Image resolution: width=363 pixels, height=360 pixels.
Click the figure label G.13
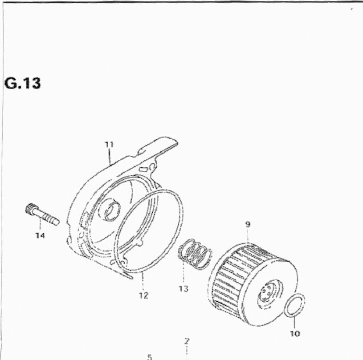[x=22, y=83]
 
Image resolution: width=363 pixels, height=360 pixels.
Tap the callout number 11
[x=109, y=145]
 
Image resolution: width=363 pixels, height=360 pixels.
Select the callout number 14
[x=40, y=236]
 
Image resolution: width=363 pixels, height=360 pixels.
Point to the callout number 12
[x=143, y=295]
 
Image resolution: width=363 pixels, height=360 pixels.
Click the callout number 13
[x=184, y=289]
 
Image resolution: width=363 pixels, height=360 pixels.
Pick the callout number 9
[x=248, y=224]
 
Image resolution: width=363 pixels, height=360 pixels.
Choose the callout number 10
[x=295, y=334]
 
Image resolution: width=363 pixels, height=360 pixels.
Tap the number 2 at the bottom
[x=187, y=341]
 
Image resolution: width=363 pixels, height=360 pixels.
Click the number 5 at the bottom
[x=150, y=357]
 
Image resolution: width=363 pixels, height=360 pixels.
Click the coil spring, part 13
[x=195, y=254]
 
